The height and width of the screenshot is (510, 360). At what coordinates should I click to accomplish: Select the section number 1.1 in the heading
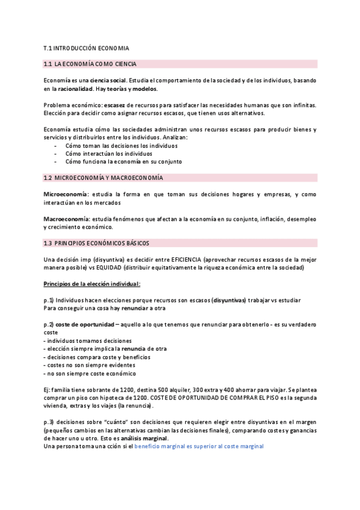coord(49,64)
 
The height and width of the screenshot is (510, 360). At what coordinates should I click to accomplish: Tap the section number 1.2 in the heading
coord(49,178)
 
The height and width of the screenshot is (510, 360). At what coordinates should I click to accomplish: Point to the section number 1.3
coord(49,243)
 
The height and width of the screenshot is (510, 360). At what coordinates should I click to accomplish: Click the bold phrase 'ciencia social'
coord(108,81)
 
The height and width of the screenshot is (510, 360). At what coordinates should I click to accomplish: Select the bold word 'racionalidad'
coord(75,89)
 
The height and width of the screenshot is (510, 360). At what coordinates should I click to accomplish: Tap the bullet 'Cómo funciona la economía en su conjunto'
coord(123,161)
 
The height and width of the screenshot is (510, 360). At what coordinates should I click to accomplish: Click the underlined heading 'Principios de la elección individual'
coord(92,284)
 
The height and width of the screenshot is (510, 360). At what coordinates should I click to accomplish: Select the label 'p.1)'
coord(49,300)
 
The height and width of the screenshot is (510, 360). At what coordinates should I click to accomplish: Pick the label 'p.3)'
coord(49,422)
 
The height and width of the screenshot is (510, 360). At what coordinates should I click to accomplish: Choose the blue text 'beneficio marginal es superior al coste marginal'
coord(199,447)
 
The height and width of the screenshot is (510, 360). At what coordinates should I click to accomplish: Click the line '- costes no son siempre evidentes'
coord(89,365)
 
